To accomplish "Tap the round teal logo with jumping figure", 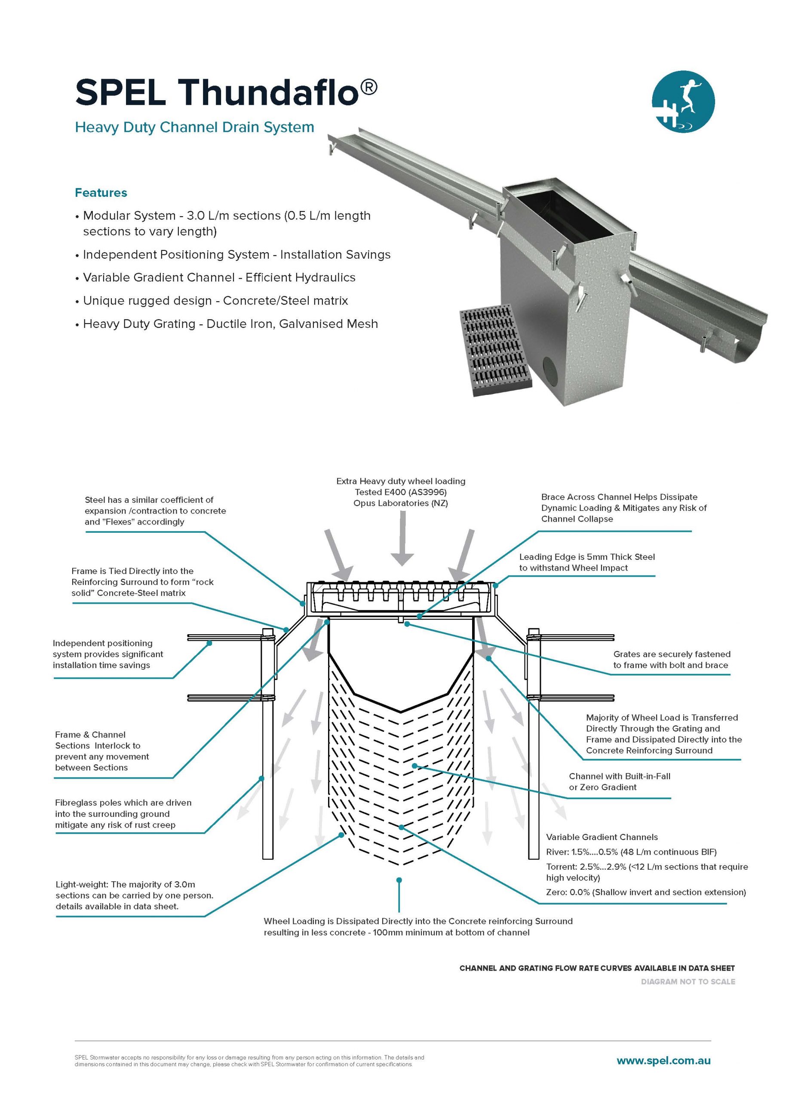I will (x=683, y=101).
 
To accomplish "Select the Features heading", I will (x=101, y=193).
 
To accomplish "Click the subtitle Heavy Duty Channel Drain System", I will (x=194, y=127).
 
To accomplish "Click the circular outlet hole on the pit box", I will (x=553, y=372).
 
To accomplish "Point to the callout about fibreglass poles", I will (x=123, y=814).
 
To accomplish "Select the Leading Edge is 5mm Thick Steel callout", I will (x=586, y=562).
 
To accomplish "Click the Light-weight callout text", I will (x=134, y=895).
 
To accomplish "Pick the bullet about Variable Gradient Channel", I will (x=219, y=278).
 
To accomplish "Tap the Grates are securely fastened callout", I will (x=671, y=660).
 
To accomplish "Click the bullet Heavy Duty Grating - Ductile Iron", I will (x=230, y=324).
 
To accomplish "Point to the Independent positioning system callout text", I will (x=107, y=654).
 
